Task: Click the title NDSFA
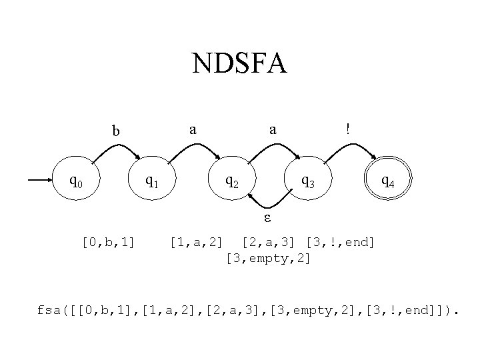239,65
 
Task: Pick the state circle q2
233,180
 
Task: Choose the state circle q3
309,180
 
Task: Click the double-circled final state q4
387,180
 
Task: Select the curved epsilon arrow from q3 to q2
270,205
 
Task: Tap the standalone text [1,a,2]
197,240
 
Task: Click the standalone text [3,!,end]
340,240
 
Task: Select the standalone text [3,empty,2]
268,257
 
